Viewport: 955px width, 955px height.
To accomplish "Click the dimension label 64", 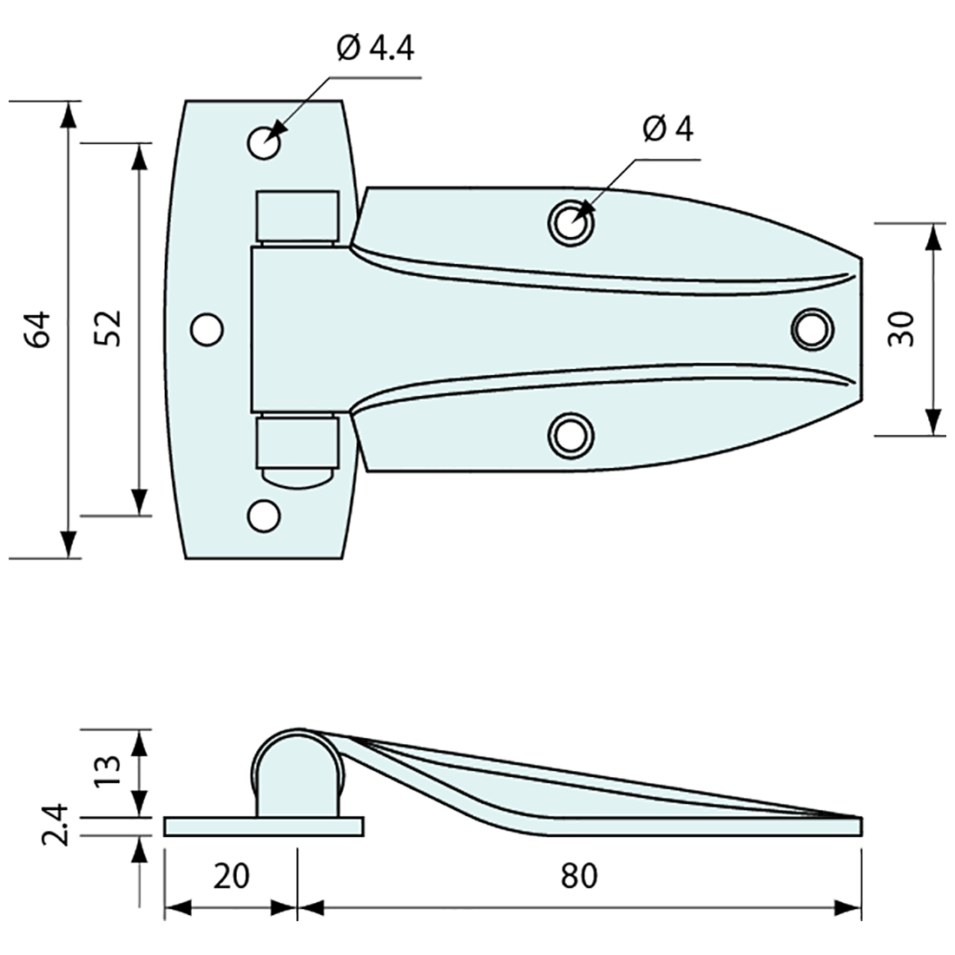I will tap(39, 329).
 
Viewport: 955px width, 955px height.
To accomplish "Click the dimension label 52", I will tap(110, 329).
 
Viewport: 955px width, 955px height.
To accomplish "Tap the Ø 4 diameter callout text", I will tap(668, 129).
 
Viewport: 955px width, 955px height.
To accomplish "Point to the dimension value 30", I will tap(903, 329).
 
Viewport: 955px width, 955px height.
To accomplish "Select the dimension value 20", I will tap(230, 876).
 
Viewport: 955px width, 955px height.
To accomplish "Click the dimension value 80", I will tap(579, 876).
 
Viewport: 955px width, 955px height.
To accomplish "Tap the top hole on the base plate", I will tap(264, 142).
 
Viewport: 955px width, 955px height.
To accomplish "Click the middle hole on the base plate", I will tap(207, 329).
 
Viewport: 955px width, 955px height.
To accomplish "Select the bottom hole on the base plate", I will tap(263, 515).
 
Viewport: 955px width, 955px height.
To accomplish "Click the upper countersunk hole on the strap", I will tap(570, 223).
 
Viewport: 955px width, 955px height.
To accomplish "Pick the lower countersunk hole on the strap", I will tap(570, 434).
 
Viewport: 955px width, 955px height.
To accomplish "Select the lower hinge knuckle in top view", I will tap(295, 445).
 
